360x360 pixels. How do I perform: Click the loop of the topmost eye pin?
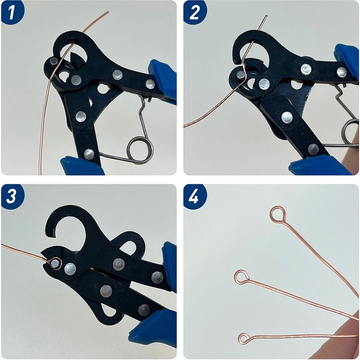[x=278, y=214]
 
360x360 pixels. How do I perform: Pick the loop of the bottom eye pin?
[x=244, y=338]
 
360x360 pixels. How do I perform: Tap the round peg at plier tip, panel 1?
[x=54, y=61]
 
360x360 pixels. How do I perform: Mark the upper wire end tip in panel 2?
[x=266, y=16]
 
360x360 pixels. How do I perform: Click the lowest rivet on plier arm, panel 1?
[x=89, y=154]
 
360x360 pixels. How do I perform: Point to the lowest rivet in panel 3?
[x=144, y=309]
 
